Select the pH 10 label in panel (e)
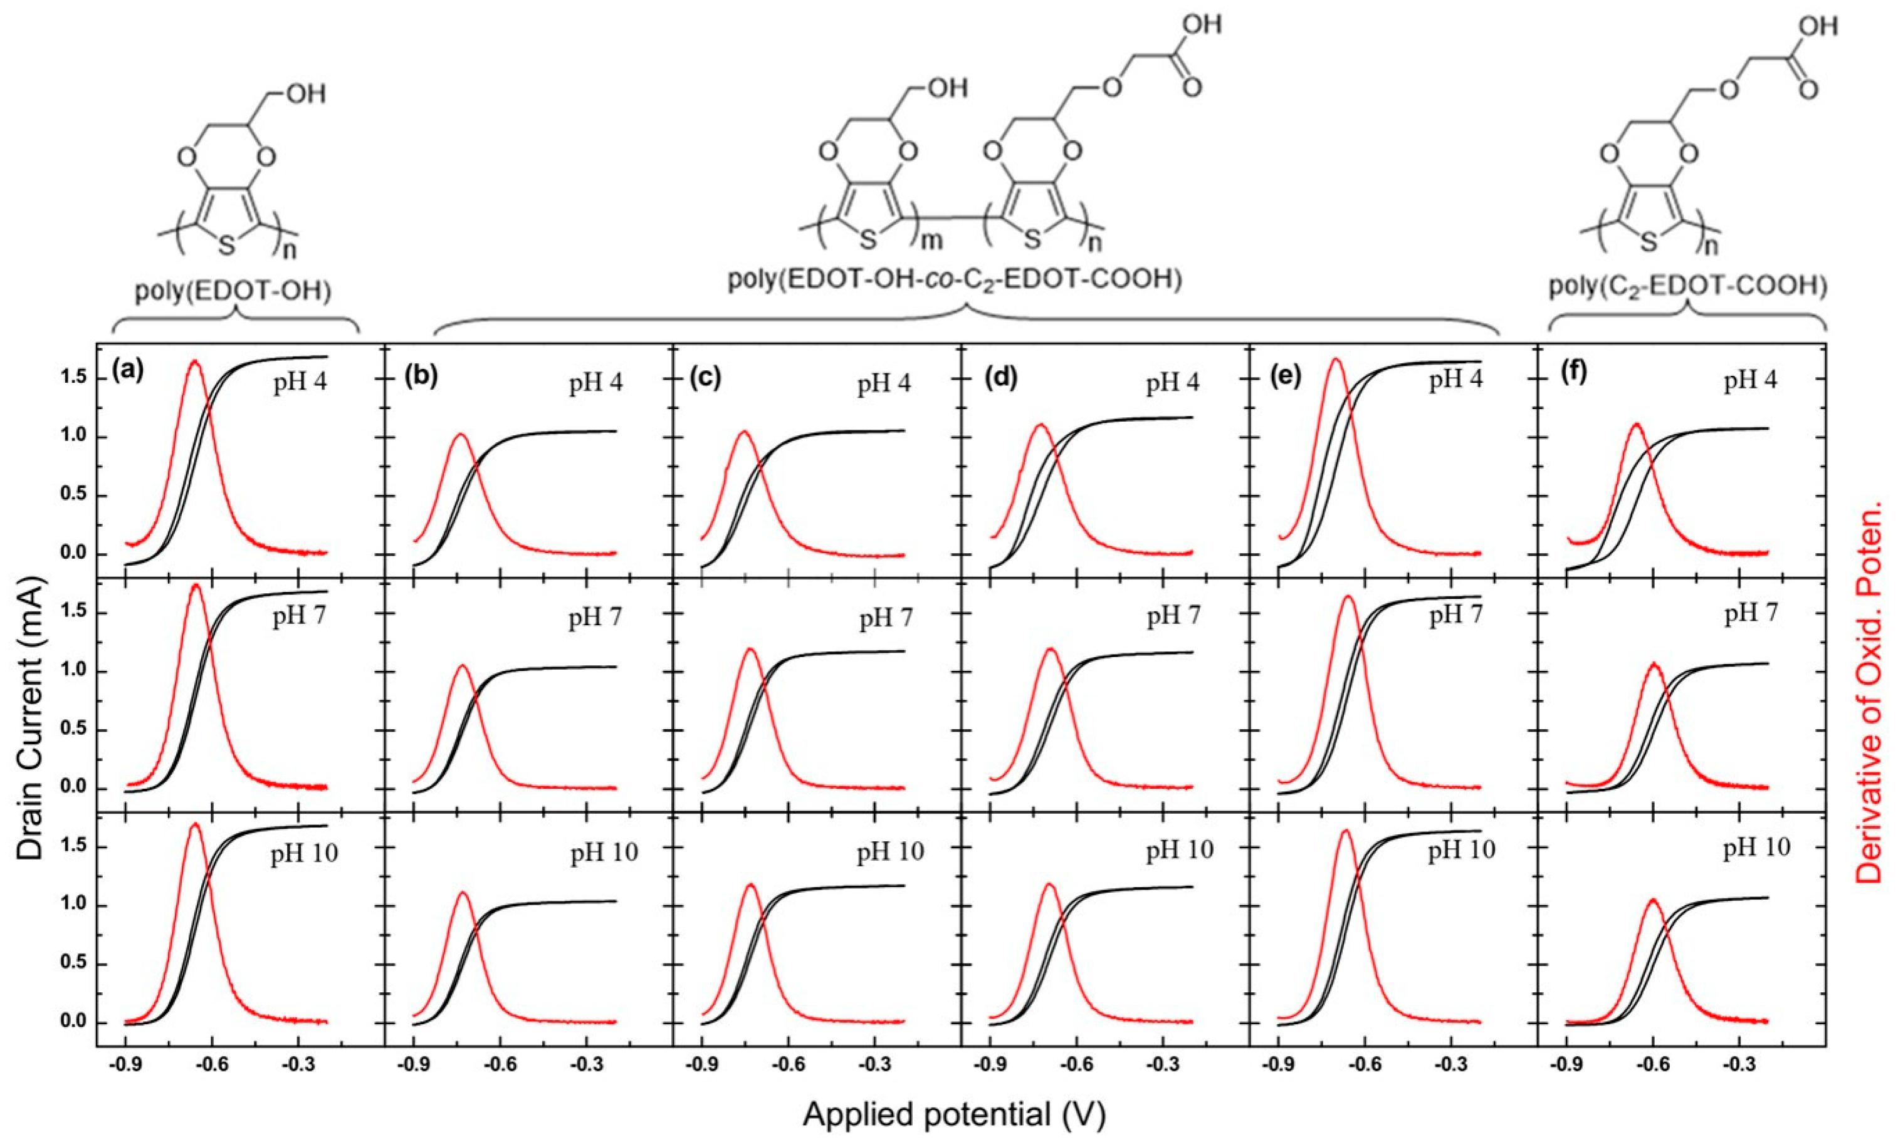tap(1462, 849)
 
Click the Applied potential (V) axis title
tap(955, 1114)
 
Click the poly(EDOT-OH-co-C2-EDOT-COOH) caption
tap(955, 281)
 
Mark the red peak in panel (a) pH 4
tap(195, 360)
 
